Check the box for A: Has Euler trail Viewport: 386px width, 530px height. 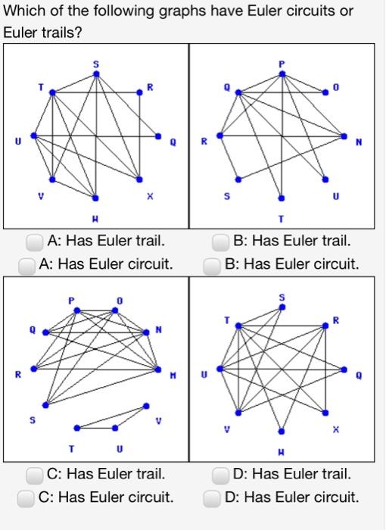[34, 242]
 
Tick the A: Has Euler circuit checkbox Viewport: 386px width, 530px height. [27, 265]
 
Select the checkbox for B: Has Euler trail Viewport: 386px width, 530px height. [220, 242]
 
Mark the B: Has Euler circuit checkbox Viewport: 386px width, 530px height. [213, 265]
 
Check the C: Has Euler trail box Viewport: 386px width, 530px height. [34, 475]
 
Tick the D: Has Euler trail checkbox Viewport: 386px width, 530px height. [220, 475]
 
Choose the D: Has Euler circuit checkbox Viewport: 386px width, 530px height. [213, 498]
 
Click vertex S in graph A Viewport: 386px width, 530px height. [95, 74]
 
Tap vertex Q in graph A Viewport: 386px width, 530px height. [158, 137]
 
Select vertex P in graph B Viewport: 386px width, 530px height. [282, 74]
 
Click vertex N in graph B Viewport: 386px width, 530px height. [344, 137]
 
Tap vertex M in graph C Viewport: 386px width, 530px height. [158, 370]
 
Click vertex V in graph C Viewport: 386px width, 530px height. [146, 406]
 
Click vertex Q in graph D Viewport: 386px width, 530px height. [344, 370]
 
